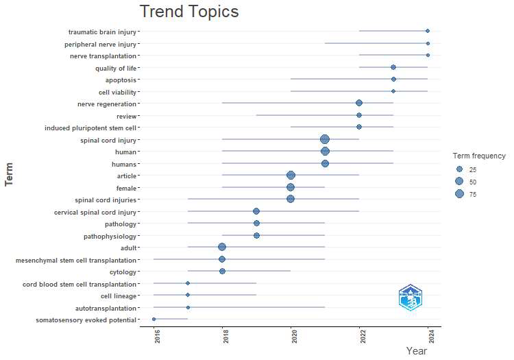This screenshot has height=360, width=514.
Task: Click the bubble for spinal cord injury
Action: pyautogui.click(x=325, y=139)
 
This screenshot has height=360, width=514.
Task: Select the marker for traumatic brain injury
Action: pyautogui.click(x=428, y=31)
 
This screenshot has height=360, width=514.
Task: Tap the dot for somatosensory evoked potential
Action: pyautogui.click(x=154, y=320)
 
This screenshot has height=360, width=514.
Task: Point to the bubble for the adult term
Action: pyautogui.click(x=222, y=248)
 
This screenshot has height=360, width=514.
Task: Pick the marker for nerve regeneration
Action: pyautogui.click(x=359, y=103)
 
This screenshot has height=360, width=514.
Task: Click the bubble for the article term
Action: pyautogui.click(x=291, y=176)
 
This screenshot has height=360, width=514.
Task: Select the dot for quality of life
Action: pyautogui.click(x=393, y=67)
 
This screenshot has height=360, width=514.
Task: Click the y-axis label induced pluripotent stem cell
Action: pyautogui.click(x=91, y=128)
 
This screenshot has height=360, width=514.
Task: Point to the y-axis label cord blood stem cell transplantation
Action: pyautogui.click(x=79, y=284)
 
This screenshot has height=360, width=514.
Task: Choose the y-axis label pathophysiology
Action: pyautogui.click(x=112, y=236)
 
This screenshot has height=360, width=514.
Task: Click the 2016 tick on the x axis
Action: pyautogui.click(x=158, y=337)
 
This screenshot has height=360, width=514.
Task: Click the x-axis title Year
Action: pyautogui.click(x=417, y=351)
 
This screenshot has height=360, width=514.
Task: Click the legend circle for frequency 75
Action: pyautogui.click(x=459, y=194)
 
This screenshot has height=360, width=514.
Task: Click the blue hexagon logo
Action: pyautogui.click(x=411, y=298)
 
